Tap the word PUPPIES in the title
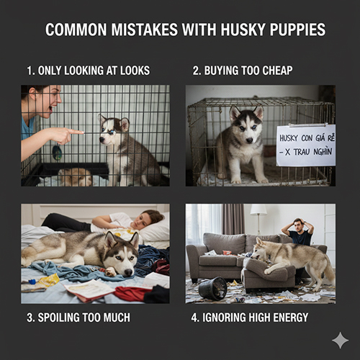(x=294, y=30)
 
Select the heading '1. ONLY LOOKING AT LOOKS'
(x=89, y=71)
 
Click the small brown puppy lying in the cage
(x=74, y=176)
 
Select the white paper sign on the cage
(x=305, y=145)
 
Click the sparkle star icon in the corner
(x=340, y=341)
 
